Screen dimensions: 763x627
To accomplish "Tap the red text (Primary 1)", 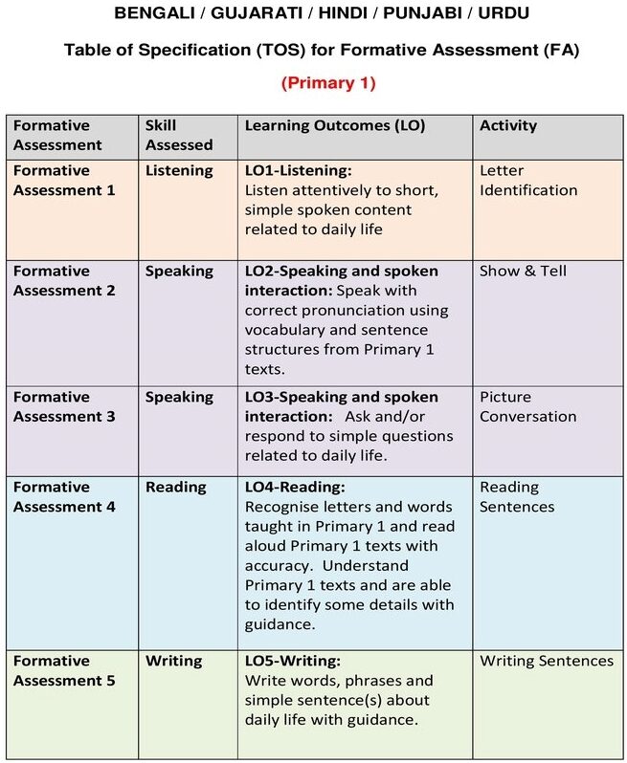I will click(x=327, y=83).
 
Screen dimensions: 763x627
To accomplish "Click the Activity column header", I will click(x=508, y=125).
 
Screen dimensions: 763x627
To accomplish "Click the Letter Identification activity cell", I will click(x=528, y=180).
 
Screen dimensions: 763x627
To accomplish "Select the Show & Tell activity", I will click(x=523, y=271).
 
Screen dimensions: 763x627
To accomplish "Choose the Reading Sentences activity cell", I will click(x=517, y=496).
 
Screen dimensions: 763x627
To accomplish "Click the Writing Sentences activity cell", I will click(x=547, y=661).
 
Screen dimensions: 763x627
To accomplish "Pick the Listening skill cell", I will click(x=179, y=170).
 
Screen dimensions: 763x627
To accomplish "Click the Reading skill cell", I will click(x=175, y=487).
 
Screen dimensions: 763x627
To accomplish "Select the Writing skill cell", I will click(x=173, y=661).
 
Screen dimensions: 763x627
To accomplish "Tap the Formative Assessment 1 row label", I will click(x=65, y=180).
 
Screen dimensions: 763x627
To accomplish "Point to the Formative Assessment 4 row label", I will click(x=65, y=496).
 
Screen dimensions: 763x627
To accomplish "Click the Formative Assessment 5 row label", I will click(x=65, y=670).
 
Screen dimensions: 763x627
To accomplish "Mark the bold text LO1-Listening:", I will click(x=299, y=170).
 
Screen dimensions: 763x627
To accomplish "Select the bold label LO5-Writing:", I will click(x=293, y=661).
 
